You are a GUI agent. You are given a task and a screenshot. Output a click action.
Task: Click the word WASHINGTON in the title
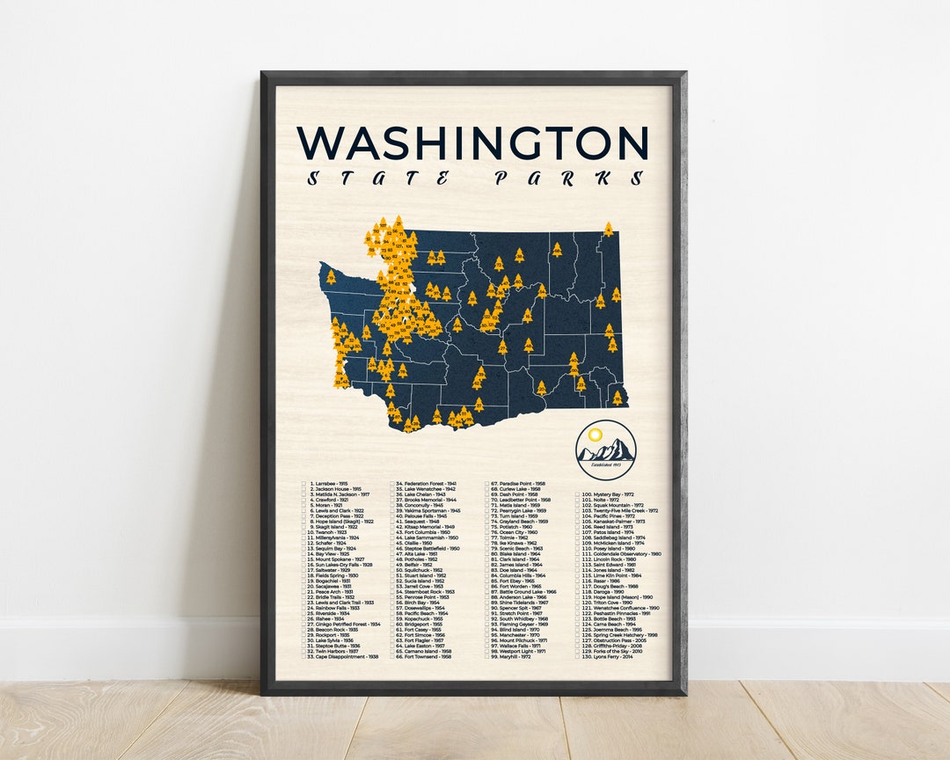tap(472, 143)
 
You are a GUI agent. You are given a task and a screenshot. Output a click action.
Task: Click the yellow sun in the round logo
tap(596, 435)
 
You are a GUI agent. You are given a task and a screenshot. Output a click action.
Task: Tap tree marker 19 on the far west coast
tap(331, 276)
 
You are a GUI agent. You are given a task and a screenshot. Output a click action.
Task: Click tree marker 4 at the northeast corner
tap(608, 230)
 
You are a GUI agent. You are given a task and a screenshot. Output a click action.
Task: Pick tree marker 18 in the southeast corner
tap(617, 398)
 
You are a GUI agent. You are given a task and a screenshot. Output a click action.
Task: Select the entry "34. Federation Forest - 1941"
tap(426, 484)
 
